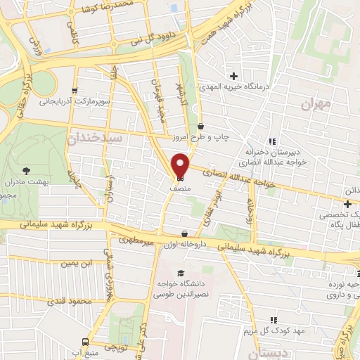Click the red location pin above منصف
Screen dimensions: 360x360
tap(180, 165)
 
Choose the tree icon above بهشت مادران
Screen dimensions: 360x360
tap(27, 170)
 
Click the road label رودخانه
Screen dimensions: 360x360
tap(250, 208)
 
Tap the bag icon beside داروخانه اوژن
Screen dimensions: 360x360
tap(184, 234)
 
